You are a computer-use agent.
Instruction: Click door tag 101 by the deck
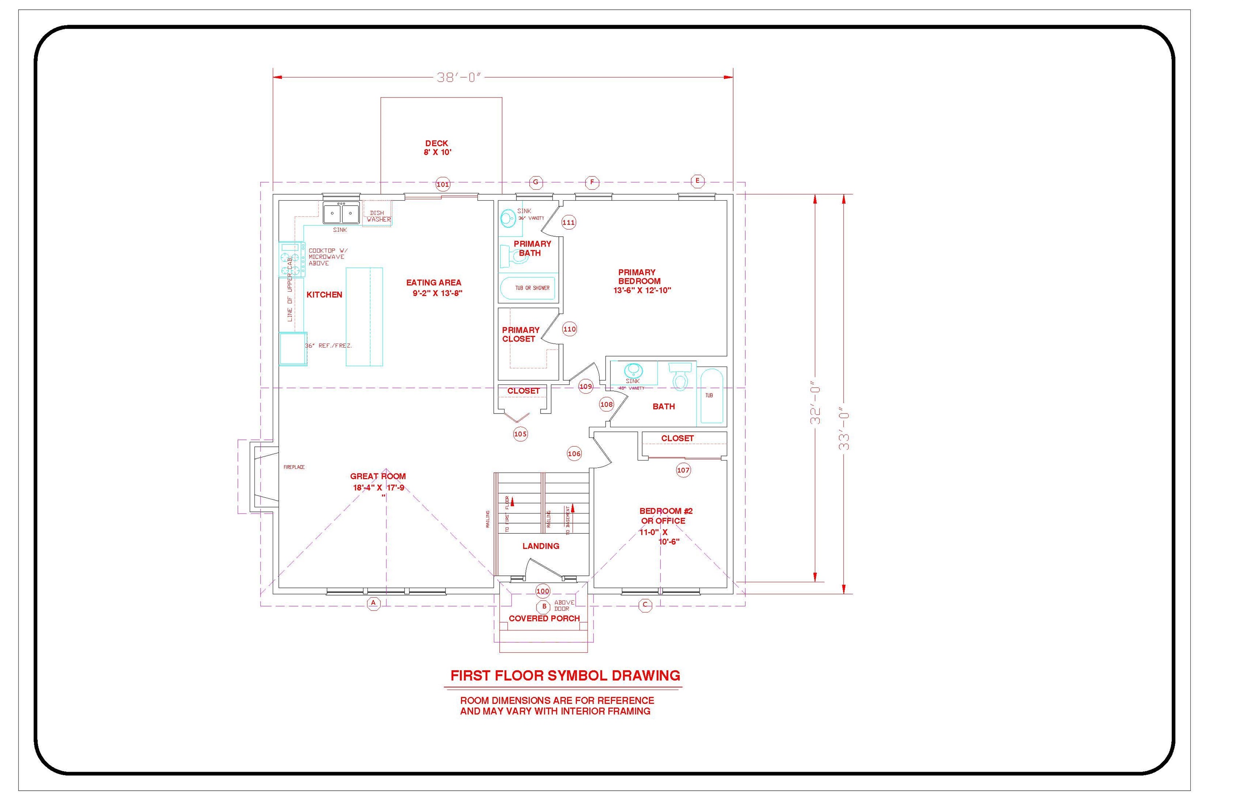click(x=443, y=184)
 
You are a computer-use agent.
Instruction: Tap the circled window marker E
click(x=698, y=181)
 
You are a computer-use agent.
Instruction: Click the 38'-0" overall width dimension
click(x=458, y=78)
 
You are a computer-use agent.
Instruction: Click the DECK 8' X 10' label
click(x=437, y=148)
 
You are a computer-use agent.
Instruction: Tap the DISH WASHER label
click(x=378, y=216)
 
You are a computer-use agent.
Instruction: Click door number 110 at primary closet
click(x=570, y=329)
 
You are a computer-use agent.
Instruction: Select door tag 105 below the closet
click(x=520, y=434)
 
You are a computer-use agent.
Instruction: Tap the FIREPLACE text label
click(x=294, y=467)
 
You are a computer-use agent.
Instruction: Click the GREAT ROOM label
click(x=378, y=476)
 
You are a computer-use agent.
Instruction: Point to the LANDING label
click(x=541, y=546)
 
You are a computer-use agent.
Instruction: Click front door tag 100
click(x=543, y=591)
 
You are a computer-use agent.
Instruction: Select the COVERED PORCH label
click(x=544, y=619)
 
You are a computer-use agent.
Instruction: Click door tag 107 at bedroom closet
click(x=683, y=471)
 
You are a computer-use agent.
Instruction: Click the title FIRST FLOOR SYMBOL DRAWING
click(x=565, y=676)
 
